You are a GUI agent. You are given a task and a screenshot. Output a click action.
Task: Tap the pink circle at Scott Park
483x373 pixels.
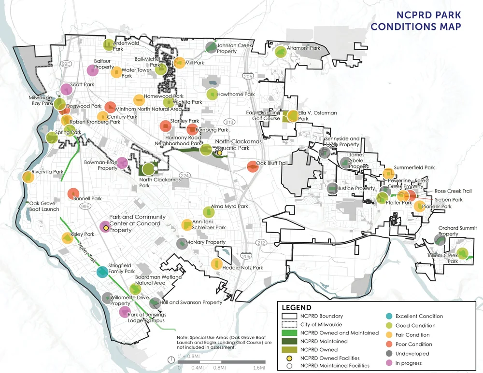(67, 90)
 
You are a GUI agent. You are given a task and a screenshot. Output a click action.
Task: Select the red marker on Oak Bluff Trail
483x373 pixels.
(253, 166)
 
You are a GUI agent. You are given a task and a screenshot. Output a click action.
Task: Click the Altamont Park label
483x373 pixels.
(304, 48)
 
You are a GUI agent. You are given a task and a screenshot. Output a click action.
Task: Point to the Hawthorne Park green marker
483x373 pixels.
(212, 95)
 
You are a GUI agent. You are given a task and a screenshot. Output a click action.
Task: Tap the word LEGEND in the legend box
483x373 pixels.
(296, 307)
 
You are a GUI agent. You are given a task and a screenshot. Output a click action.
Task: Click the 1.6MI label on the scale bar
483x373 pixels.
(259, 367)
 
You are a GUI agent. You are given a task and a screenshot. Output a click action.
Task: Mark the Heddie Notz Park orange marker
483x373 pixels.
(216, 264)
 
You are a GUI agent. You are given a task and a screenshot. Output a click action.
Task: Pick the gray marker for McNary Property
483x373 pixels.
(182, 243)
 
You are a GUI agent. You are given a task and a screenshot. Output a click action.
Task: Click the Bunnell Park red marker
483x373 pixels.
(72, 193)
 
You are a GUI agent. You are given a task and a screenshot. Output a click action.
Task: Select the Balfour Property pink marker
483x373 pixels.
(93, 70)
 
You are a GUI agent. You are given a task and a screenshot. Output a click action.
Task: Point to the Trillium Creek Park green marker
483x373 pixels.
(462, 253)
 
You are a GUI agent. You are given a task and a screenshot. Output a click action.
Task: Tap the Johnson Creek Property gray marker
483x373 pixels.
(211, 47)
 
